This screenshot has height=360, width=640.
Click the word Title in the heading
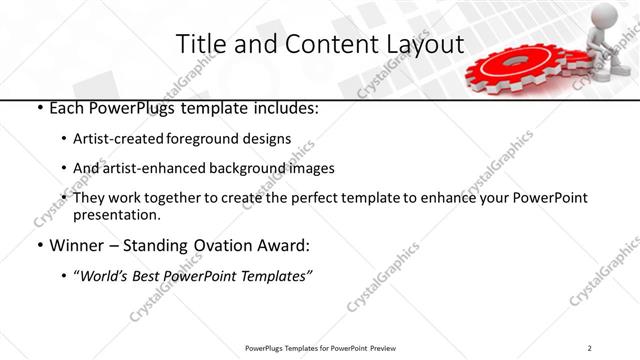(199, 44)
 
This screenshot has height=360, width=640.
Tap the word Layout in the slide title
(419, 44)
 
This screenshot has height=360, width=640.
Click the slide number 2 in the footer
(590, 347)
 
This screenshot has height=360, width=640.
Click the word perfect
(322, 198)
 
